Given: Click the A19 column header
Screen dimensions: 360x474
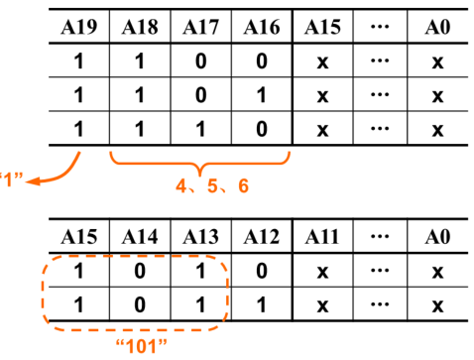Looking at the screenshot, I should click(x=78, y=24).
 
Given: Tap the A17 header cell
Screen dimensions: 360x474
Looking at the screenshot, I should click(x=201, y=24).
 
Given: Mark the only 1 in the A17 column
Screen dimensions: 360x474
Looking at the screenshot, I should click(x=201, y=129).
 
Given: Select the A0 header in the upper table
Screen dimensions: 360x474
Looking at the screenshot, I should click(x=436, y=24).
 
